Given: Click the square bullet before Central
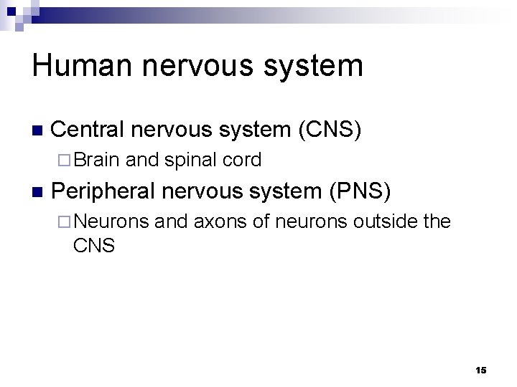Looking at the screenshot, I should (x=38, y=131).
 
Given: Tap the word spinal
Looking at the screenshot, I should (x=190, y=160).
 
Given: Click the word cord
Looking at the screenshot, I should (x=241, y=160).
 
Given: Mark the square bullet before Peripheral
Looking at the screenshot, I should (x=38, y=192).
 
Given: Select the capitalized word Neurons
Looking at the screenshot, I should (x=111, y=221).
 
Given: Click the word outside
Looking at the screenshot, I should (x=386, y=221).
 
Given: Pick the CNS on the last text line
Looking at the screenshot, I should (x=93, y=246).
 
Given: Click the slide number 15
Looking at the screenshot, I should (x=480, y=370).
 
